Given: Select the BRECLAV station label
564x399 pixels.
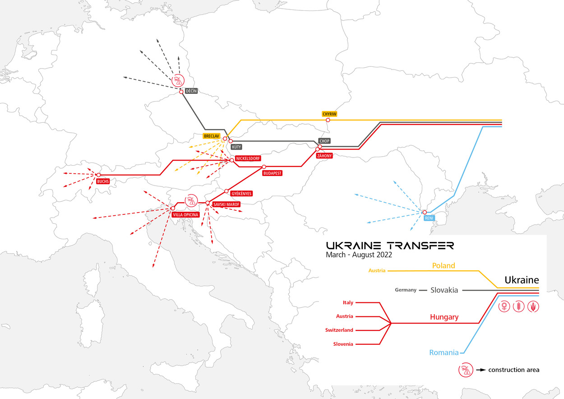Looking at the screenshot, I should (x=211, y=136).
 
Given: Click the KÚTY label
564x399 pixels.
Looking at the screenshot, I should (x=236, y=147).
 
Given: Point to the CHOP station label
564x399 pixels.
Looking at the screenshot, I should (x=324, y=141).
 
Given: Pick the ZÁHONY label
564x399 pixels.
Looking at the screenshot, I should (x=324, y=156).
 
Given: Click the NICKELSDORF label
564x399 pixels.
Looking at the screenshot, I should (x=248, y=159).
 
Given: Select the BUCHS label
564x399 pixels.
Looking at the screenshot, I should (x=102, y=181).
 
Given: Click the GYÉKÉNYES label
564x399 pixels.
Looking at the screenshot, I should (x=241, y=194).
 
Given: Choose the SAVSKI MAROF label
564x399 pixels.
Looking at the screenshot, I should (x=226, y=204).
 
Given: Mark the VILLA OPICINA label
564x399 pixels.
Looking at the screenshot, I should (x=185, y=215).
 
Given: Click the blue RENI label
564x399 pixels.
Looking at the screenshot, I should (x=429, y=218).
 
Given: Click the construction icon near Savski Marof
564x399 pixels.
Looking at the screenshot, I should (x=191, y=200).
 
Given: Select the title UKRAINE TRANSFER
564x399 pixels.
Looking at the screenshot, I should (x=390, y=246).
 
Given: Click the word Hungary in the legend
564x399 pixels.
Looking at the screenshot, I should (x=444, y=317).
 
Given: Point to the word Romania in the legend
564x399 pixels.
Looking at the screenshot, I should (x=444, y=353).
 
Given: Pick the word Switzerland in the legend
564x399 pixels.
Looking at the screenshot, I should (x=339, y=330).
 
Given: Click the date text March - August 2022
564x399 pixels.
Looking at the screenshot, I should (x=359, y=255).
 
